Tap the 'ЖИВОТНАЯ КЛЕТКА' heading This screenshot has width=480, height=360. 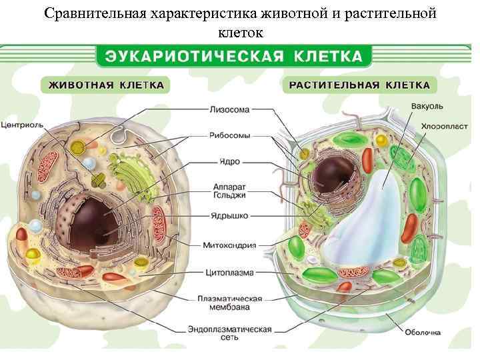pos(105,85)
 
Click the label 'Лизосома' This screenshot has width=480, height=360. pos(229,109)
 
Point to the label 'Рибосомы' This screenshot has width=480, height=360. pos(230,135)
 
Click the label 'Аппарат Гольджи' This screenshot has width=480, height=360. pos(229,191)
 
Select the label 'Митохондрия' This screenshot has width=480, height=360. pos(229,245)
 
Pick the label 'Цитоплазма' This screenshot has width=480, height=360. pos(229,272)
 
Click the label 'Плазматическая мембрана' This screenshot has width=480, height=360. pos(229,303)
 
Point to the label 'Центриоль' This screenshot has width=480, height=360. pos(23,125)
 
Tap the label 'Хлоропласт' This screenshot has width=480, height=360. pos(444,125)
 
